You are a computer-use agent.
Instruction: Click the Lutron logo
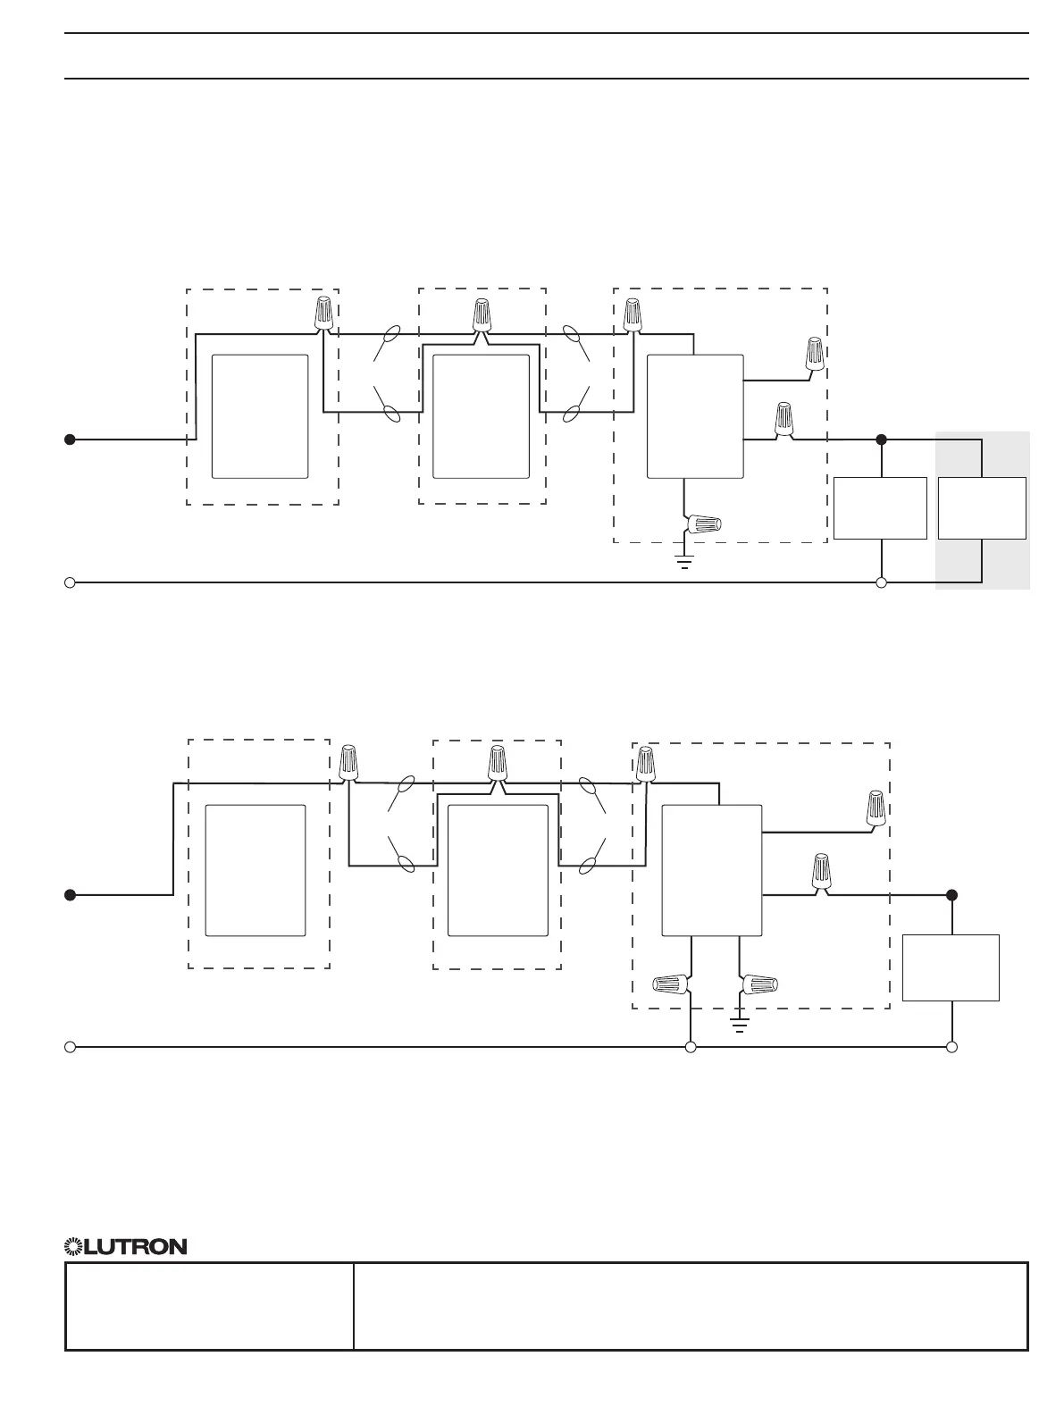[x=125, y=1246]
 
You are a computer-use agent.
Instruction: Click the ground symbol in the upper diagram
[x=684, y=562]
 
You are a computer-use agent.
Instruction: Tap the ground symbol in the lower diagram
[x=740, y=1024]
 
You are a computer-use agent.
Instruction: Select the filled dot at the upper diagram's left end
[x=69, y=440]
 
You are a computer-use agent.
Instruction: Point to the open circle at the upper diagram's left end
[x=69, y=582]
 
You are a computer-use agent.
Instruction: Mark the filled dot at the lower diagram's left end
[x=69, y=894]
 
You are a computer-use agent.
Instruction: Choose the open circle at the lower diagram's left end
[x=69, y=1046]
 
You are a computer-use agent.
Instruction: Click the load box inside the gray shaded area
[x=982, y=508]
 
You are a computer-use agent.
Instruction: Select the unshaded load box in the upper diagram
[x=880, y=508]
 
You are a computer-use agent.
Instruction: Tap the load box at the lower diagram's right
[x=951, y=967]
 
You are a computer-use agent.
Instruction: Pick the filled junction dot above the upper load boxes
[x=881, y=440]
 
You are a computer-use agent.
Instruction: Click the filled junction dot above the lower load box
[x=952, y=894]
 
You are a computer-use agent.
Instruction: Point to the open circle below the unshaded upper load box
[x=881, y=582]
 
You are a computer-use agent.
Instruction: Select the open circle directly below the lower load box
[x=952, y=1046]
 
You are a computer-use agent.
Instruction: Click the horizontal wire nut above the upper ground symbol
[x=704, y=525]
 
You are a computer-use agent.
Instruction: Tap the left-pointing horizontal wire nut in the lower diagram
[x=673, y=984]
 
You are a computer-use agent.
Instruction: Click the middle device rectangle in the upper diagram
[x=480, y=416]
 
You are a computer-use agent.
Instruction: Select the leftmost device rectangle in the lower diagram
[x=256, y=870]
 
